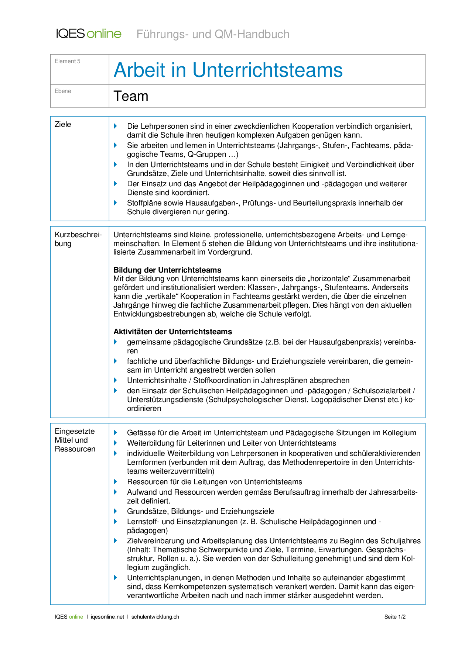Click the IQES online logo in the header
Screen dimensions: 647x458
[89, 34]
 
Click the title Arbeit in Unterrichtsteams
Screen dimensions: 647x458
[228, 70]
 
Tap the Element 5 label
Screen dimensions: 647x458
[67, 61]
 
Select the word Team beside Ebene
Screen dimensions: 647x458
[131, 96]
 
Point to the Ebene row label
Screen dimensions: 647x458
[63, 91]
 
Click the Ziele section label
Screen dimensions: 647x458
[63, 125]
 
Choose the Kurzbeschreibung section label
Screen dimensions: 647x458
[78, 239]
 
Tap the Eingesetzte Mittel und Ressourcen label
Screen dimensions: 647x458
[75, 440]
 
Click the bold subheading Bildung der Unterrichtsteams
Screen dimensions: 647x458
[167, 270]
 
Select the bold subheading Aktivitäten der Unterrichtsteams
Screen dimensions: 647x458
[172, 332]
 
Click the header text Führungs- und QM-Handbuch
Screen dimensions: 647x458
[213, 34]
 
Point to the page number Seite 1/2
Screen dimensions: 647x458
[395, 617]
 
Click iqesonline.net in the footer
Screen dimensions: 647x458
[107, 617]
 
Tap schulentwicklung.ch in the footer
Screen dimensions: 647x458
[155, 617]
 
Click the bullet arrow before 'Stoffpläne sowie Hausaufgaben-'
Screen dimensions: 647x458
[116, 203]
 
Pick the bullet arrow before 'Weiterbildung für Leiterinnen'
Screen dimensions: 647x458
[116, 443]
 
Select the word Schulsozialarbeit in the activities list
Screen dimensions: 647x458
[382, 391]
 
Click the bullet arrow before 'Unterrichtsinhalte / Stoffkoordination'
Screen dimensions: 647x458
[116, 380]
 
